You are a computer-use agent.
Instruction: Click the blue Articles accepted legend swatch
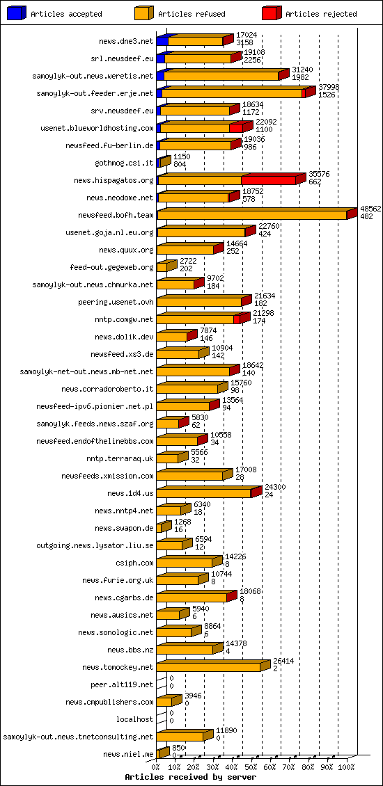[x=16, y=13]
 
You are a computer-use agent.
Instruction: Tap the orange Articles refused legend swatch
[x=143, y=13]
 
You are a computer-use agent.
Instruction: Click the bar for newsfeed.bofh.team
[x=252, y=215]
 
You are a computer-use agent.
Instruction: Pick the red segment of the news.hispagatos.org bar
[x=268, y=180]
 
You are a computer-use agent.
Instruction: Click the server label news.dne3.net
[x=126, y=41]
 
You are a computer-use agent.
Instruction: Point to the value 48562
[x=370, y=208]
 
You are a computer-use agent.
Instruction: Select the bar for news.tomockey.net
[x=209, y=667]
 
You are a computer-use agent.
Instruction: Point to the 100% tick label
[x=346, y=767]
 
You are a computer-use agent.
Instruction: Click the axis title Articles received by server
[x=190, y=777]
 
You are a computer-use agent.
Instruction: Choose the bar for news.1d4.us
[x=204, y=493]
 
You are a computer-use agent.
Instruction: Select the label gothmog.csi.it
[x=124, y=163]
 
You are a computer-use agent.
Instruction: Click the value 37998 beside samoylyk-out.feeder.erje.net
[x=329, y=87]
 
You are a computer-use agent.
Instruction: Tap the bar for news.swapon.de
[x=162, y=528]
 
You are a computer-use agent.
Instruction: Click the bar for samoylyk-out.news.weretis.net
[x=221, y=76]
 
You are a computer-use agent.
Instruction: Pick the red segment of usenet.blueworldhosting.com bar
[x=236, y=128]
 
